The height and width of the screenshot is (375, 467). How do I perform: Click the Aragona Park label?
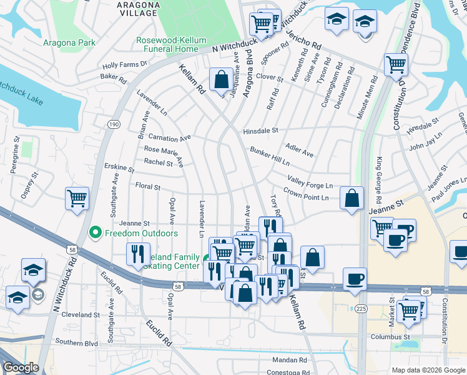[69, 42]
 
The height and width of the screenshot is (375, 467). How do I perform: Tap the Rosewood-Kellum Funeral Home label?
[171, 44]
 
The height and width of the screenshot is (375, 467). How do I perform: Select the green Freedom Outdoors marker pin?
[95, 233]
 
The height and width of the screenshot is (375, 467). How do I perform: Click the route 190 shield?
[113, 124]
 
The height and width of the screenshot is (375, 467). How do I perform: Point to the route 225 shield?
[361, 308]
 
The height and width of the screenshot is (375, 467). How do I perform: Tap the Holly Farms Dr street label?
[124, 64]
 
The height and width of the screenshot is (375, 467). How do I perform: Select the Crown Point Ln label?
[306, 197]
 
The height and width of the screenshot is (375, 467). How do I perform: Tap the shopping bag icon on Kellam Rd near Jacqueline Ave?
[221, 80]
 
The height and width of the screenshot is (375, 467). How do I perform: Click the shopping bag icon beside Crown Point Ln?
[352, 198]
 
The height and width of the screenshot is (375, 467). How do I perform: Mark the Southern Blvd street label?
[77, 342]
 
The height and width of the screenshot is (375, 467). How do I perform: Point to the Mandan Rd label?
[290, 360]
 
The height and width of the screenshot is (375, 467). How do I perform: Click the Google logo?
[21, 367]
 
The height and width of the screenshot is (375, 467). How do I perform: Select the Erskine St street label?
[119, 169]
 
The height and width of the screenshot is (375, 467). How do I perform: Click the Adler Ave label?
[299, 151]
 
